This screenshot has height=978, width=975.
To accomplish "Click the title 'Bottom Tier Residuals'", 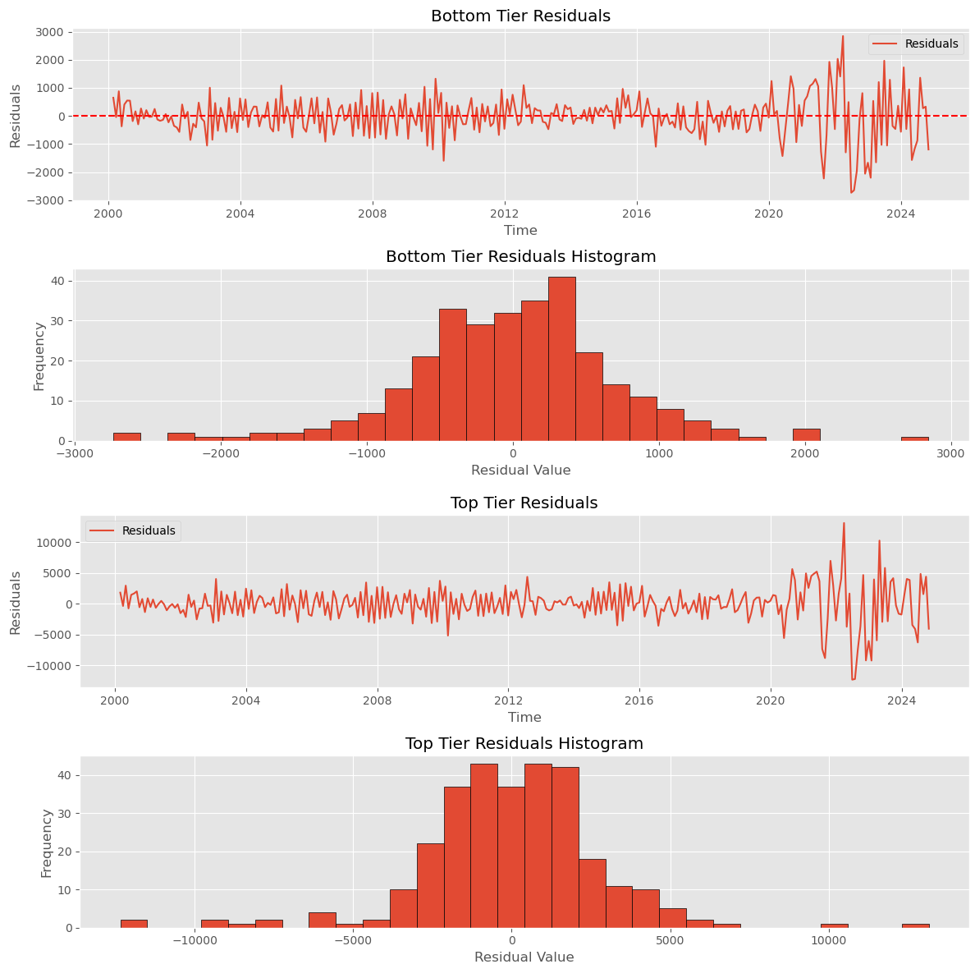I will [x=520, y=16].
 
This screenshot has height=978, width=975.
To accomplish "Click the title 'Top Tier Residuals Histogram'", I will [x=524, y=743].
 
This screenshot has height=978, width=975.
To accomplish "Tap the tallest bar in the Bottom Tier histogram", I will [x=561, y=359].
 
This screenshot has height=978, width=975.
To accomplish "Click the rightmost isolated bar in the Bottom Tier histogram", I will [x=914, y=438].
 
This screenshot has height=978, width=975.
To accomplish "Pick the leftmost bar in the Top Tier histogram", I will [x=134, y=924].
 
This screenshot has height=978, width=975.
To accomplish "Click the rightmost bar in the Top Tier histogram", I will [x=915, y=925].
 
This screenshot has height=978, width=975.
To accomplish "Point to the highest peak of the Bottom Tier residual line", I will [x=842, y=36].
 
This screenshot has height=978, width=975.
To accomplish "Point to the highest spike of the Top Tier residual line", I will [x=844, y=523].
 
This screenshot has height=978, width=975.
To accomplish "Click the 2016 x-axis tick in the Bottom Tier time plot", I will [x=637, y=214].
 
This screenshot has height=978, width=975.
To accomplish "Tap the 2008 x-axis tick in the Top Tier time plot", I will [x=378, y=701].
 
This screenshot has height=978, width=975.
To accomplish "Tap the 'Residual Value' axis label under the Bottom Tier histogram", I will [x=520, y=471].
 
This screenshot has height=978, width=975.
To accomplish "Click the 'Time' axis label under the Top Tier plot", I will [x=524, y=717].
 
